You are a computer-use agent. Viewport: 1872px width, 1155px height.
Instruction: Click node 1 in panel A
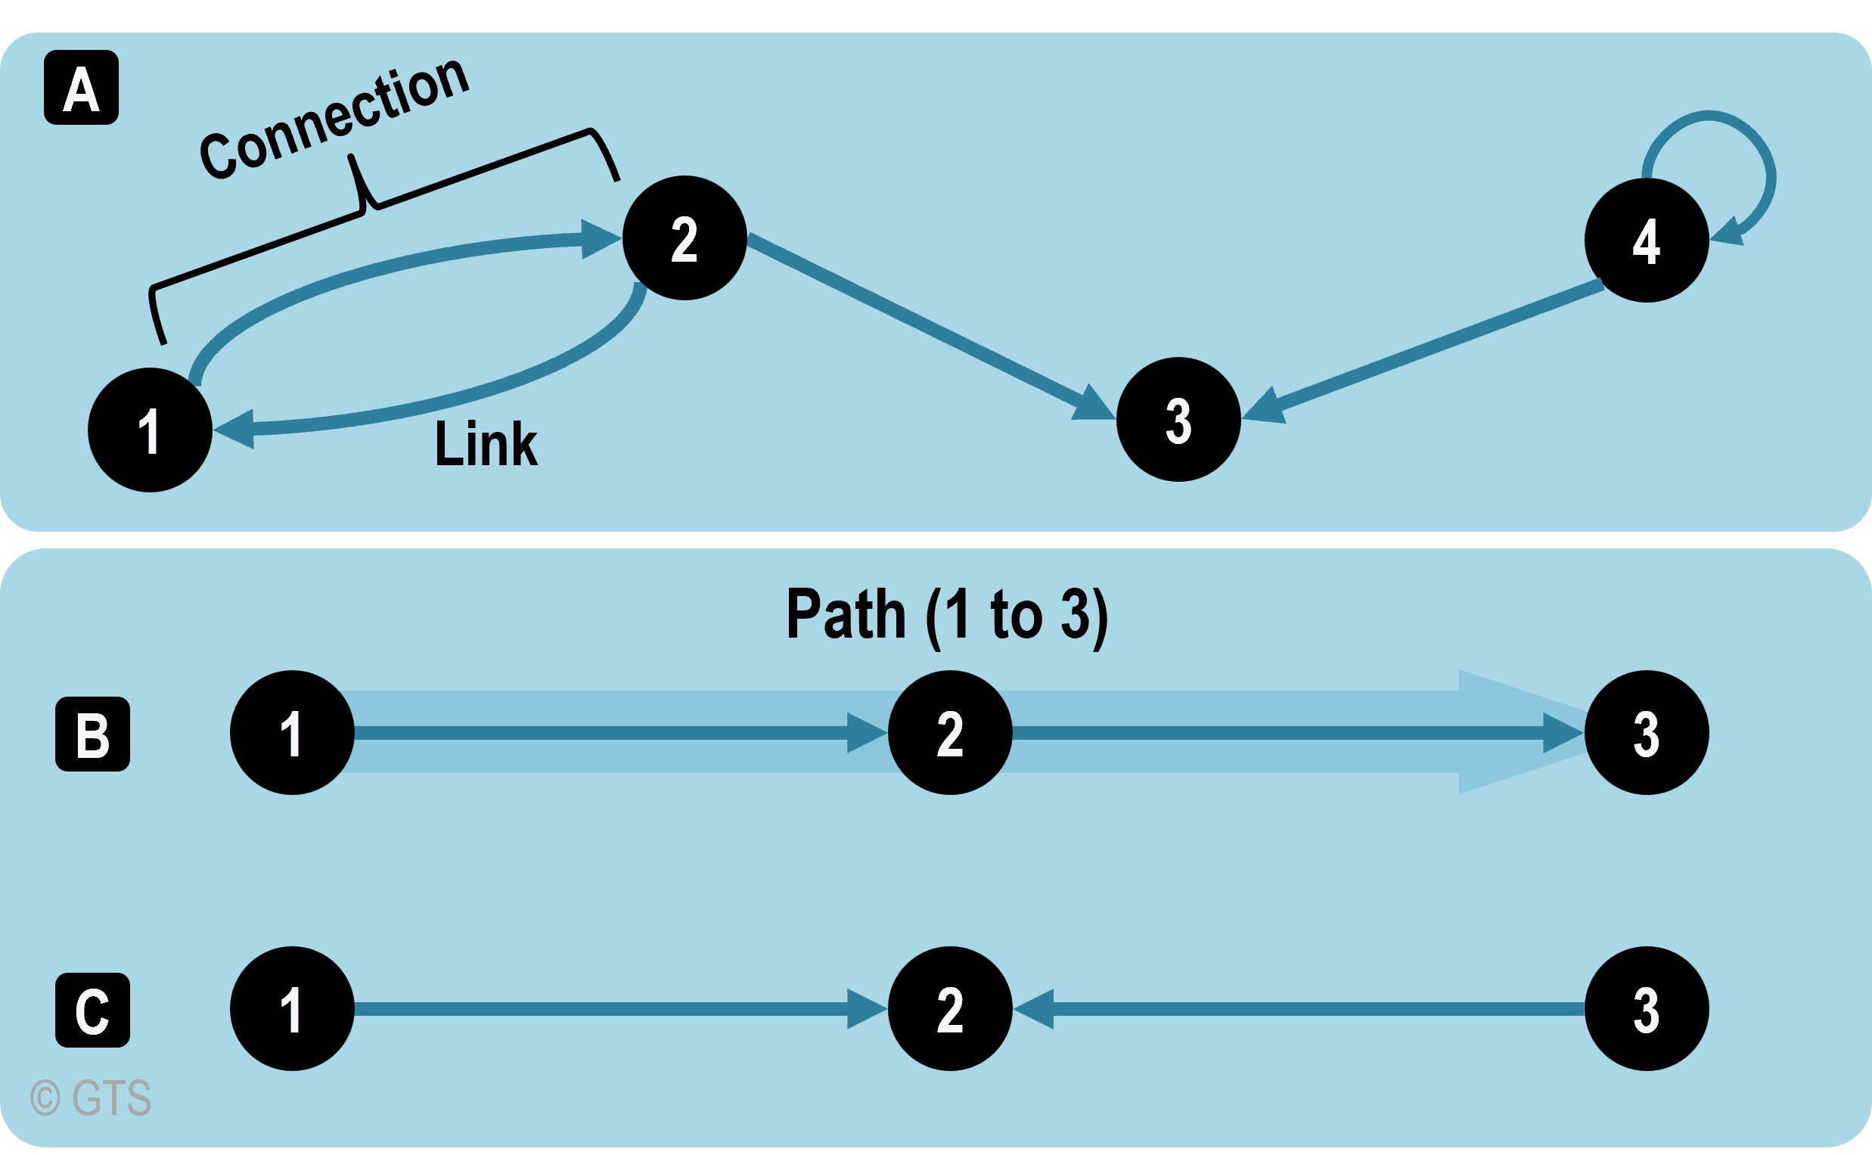tap(150, 430)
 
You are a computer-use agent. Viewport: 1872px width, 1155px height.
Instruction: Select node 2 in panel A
tap(685, 238)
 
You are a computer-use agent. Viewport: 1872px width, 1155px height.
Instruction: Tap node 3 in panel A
tap(1178, 419)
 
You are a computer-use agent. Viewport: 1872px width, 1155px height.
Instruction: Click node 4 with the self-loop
tap(1646, 241)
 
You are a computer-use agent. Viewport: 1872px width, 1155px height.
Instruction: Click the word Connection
tap(334, 120)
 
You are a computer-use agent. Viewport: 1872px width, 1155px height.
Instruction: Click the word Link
tap(486, 444)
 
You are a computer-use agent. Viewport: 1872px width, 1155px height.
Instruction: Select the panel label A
tap(81, 88)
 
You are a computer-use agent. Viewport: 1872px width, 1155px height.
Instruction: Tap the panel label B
tap(92, 734)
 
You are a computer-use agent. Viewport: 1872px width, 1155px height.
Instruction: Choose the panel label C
tap(92, 1010)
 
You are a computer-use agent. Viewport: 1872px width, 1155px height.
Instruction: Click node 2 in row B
tap(949, 733)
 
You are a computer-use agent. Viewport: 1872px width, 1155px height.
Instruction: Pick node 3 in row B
tap(1646, 733)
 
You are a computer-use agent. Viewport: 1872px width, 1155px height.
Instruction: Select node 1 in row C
tap(292, 1009)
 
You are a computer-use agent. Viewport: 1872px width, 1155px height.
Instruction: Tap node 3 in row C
tap(1646, 1009)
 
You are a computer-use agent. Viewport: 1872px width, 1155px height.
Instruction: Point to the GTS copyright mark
tap(91, 1098)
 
